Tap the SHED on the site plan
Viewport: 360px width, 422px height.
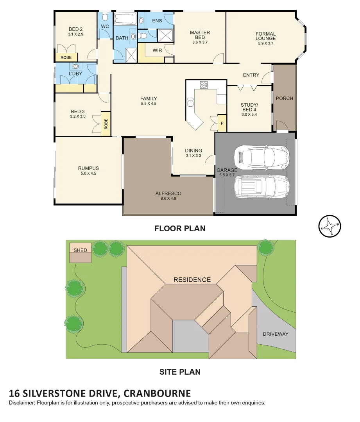[80, 252]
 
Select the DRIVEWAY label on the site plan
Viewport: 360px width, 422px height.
[275, 334]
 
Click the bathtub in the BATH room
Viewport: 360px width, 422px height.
[125, 18]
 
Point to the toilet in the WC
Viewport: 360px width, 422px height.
[105, 17]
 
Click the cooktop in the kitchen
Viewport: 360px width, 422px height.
[204, 84]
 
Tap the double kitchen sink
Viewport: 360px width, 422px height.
[190, 102]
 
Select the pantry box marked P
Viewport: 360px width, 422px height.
[222, 123]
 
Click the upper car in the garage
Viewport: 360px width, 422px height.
[261, 157]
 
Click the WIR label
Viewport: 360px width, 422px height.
[157, 50]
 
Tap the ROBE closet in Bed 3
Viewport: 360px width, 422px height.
[106, 124]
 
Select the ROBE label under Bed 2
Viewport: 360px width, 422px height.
[66, 57]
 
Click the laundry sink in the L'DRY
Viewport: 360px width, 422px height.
[75, 66]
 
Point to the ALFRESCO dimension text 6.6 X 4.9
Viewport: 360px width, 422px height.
[168, 198]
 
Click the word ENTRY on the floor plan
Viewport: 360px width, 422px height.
[251, 75]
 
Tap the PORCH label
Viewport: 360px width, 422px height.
[284, 98]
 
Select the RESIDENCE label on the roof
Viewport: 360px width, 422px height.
[192, 280]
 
